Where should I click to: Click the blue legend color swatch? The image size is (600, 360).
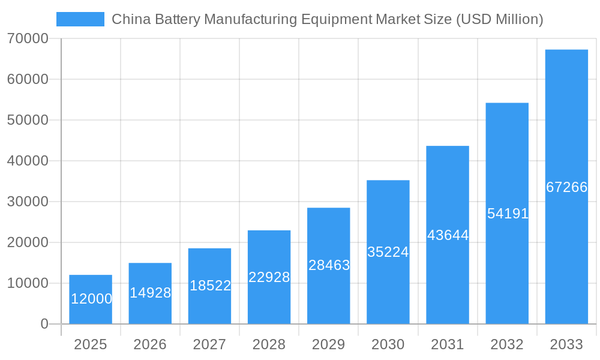[x=80, y=19]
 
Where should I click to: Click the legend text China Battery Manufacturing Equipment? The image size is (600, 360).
[x=327, y=19]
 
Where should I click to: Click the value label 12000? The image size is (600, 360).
[x=91, y=299]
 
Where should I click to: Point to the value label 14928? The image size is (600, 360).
[x=151, y=293]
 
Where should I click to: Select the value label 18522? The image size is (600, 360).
[x=210, y=286]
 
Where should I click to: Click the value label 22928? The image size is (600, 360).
[x=269, y=277]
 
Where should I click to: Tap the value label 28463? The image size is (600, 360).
[x=329, y=265]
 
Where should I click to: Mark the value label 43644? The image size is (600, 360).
[x=448, y=235]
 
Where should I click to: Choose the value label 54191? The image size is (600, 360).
[x=508, y=214]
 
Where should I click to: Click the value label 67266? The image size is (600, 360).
[x=566, y=187]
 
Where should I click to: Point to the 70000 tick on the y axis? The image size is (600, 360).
[x=28, y=38]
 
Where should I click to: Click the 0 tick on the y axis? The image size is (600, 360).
[x=44, y=324]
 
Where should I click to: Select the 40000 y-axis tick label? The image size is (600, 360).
[x=28, y=161]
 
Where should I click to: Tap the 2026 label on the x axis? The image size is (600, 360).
[x=150, y=344]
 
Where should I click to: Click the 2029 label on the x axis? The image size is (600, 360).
[x=329, y=344]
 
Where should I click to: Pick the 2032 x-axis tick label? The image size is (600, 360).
[x=507, y=344]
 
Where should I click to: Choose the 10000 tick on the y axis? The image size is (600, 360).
[x=28, y=283]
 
